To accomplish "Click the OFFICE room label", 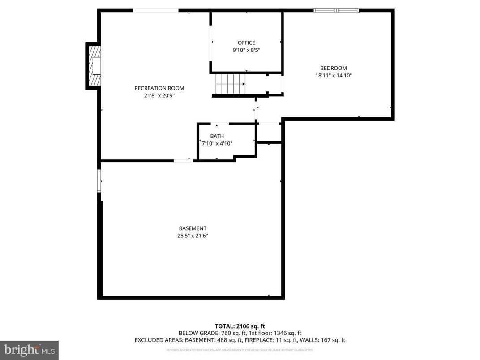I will [x=246, y=43].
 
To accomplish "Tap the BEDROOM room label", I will [x=333, y=68].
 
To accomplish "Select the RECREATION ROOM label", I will [x=159, y=88].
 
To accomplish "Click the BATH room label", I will [x=217, y=136].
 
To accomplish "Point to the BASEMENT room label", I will [x=193, y=228].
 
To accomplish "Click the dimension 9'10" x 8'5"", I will [x=246, y=51].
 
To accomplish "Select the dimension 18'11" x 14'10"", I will [x=333, y=76].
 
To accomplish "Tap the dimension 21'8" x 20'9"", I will [x=159, y=95].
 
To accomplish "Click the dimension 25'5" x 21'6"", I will [x=193, y=236].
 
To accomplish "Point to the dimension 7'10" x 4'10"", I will [x=217, y=144].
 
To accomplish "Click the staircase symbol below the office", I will [x=230, y=84].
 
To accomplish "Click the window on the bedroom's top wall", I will [x=336, y=10].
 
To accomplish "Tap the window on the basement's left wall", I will [x=99, y=180].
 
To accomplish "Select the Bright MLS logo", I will [x=29, y=349].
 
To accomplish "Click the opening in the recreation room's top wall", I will [x=155, y=10].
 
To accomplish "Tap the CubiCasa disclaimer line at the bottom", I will [x=240, y=350].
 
